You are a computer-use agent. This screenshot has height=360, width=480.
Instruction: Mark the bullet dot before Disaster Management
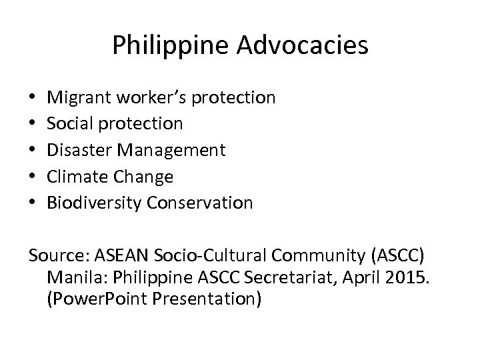tap(33, 151)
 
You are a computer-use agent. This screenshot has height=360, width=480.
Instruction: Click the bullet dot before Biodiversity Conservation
tap(33, 203)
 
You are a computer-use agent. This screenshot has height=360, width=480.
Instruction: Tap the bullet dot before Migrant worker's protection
tap(33, 99)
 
